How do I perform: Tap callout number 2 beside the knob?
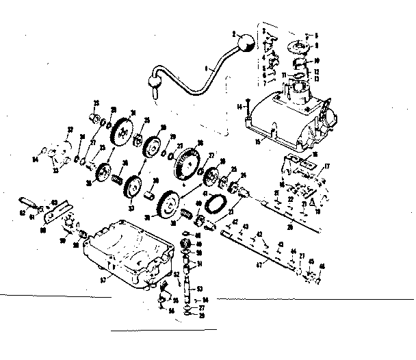[x=233, y=33]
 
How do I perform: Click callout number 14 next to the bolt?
[x=240, y=105]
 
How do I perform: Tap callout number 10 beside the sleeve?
[x=316, y=60]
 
